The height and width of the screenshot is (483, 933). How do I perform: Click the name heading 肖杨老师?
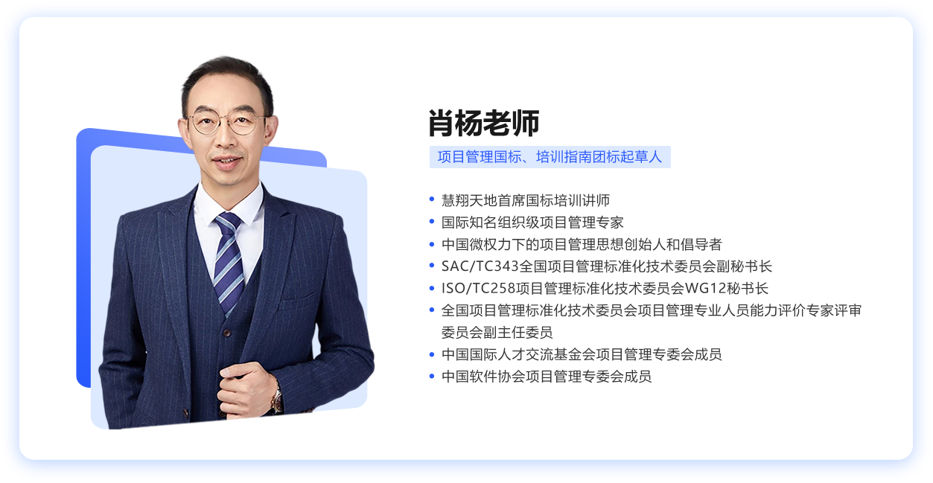(483, 124)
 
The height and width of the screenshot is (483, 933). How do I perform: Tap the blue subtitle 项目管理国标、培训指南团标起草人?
(550, 157)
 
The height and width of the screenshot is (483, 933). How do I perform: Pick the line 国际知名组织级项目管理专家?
(532, 223)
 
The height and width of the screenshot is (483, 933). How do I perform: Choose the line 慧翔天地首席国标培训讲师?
(525, 200)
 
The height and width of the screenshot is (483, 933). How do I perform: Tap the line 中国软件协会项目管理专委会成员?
(546, 377)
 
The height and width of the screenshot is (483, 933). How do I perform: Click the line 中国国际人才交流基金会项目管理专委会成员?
(581, 354)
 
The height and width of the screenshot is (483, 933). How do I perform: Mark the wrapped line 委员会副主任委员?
(497, 332)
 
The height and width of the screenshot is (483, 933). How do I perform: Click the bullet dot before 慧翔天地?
(432, 199)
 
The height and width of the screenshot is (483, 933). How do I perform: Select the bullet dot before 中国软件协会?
(432, 376)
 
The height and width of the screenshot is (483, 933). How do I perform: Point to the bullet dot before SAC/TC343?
(432, 266)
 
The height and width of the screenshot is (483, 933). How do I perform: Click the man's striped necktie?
(229, 257)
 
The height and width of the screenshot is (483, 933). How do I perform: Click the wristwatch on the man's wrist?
(276, 400)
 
